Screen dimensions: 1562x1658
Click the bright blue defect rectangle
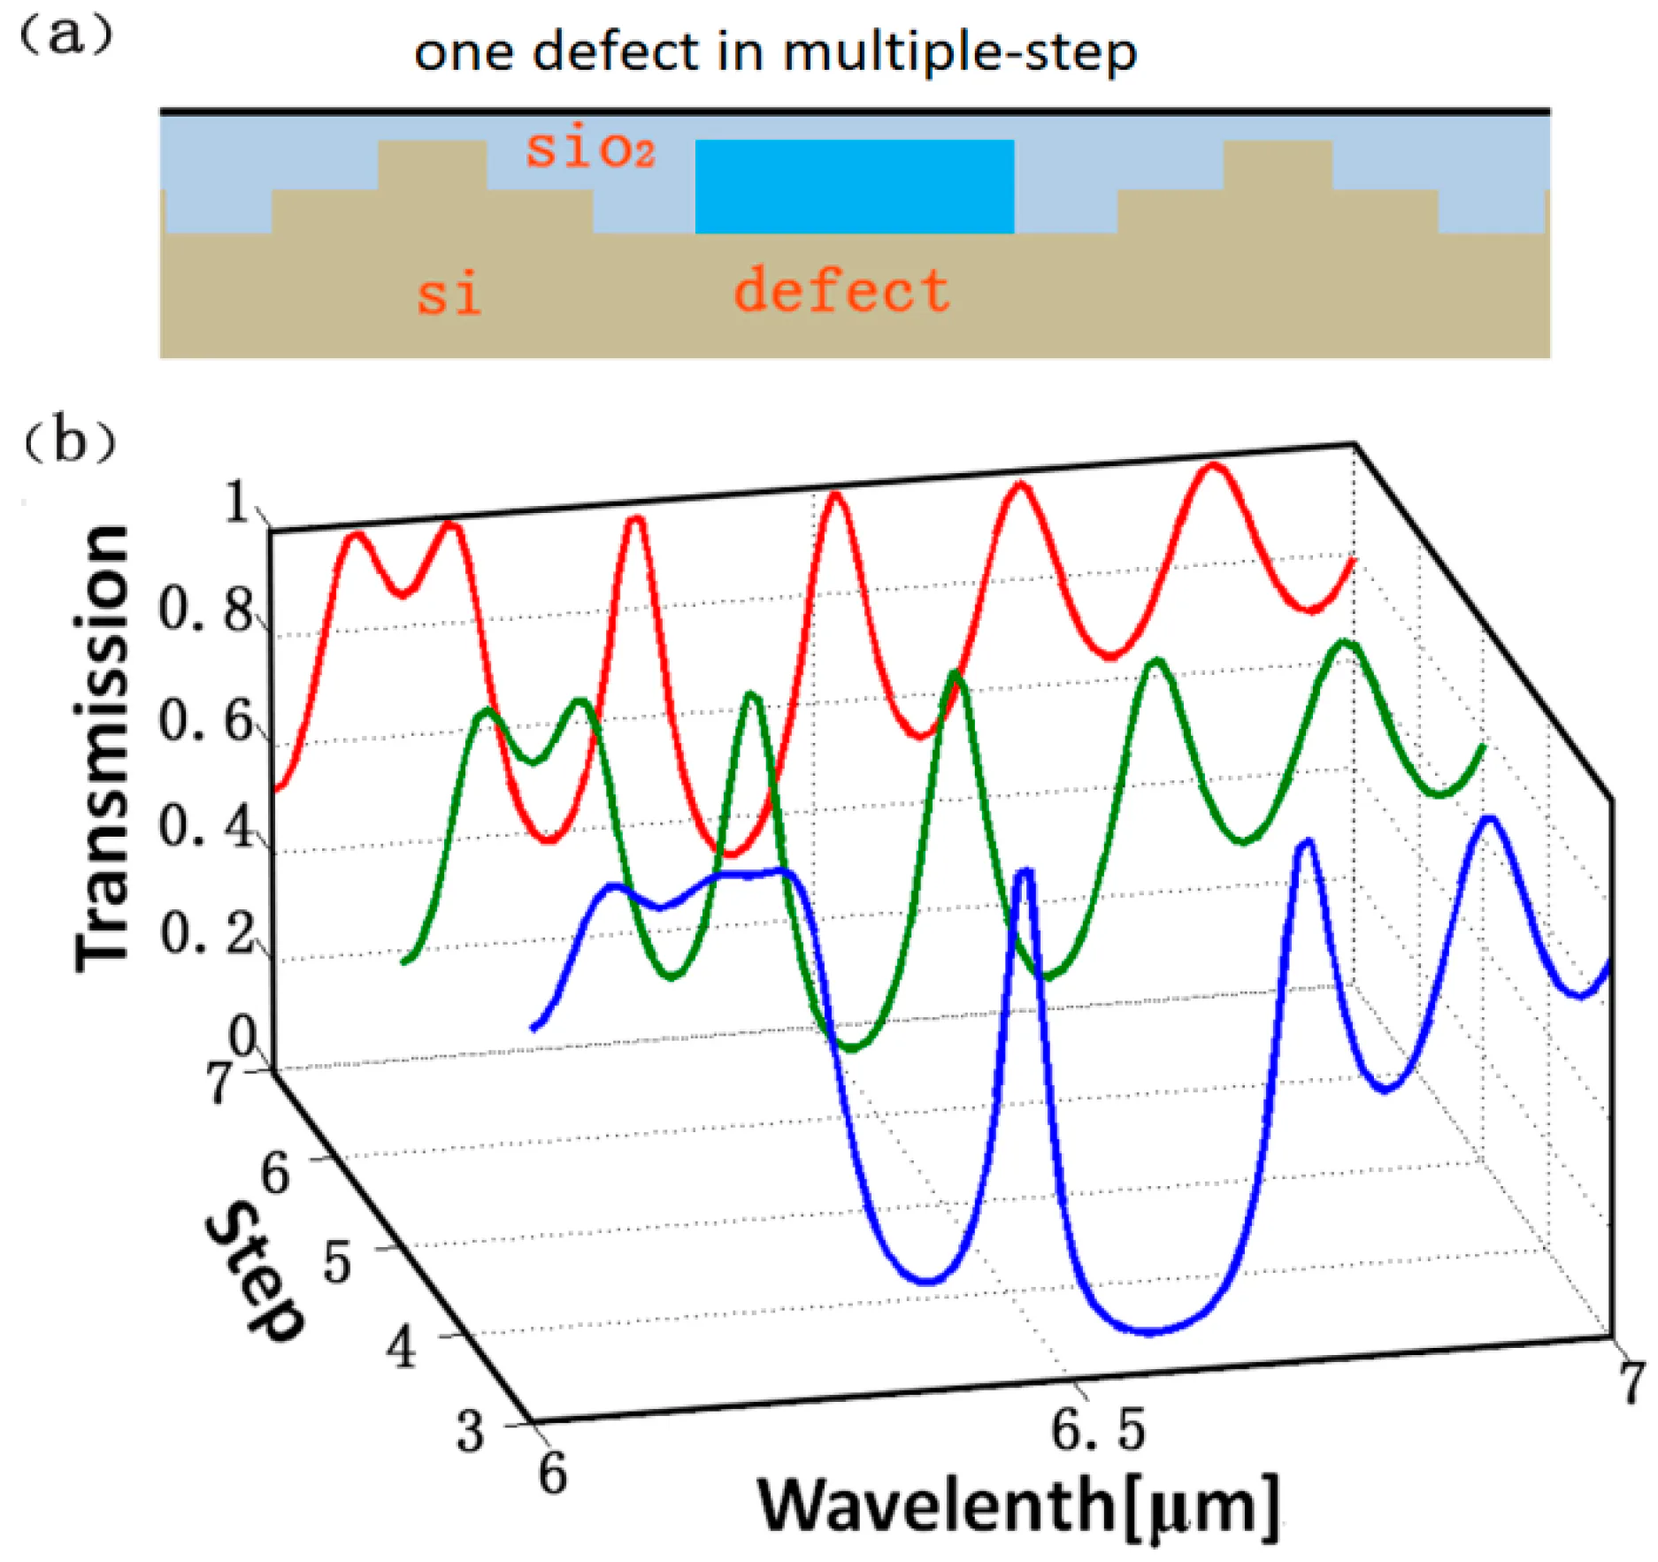tap(854, 187)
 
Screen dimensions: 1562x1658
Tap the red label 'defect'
tap(841, 291)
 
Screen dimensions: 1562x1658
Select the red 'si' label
tap(449, 295)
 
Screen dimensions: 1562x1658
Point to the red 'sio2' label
tap(590, 149)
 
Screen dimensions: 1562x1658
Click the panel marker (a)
tap(67, 35)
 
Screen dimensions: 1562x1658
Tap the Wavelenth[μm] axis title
tap(1018, 1505)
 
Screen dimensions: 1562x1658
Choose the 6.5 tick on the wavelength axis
tap(1098, 1430)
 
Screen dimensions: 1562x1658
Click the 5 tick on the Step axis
tap(336, 1262)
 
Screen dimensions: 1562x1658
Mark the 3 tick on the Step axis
tap(470, 1430)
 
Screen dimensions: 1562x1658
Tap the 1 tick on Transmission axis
tap(237, 503)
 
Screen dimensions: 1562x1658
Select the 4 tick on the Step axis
tap(401, 1348)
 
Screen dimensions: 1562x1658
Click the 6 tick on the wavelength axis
tap(553, 1473)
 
